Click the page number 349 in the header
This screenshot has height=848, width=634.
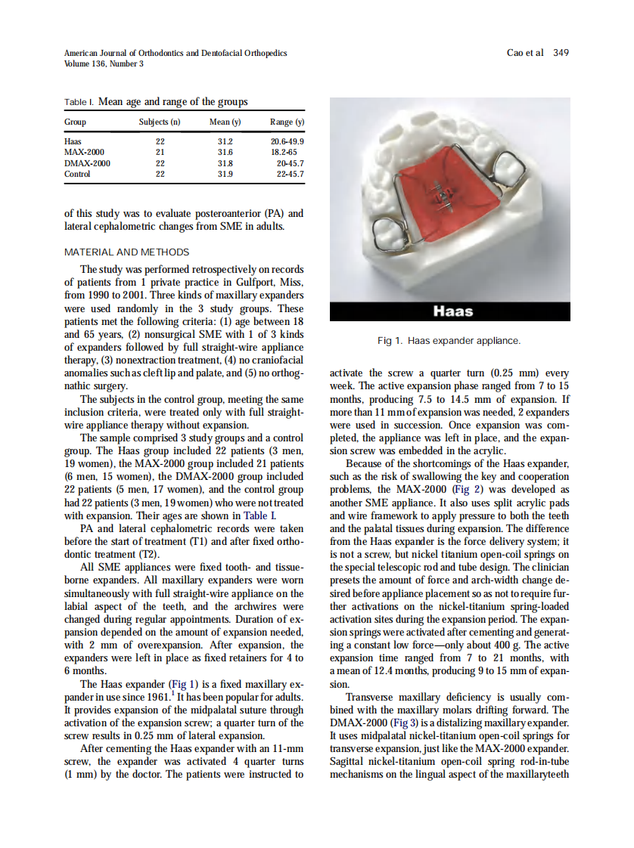tap(561, 53)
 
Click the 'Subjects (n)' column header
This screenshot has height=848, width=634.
tap(160, 122)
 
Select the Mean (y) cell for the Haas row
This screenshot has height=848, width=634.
tap(225, 141)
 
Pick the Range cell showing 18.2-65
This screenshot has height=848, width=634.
tap(288, 152)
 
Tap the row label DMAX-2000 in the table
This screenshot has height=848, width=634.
tap(88, 163)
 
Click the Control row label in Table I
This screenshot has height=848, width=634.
tap(78, 174)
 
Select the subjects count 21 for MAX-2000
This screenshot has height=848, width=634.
tap(160, 152)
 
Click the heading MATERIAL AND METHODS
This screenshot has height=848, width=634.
tap(126, 252)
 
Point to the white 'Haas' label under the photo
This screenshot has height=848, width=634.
tap(452, 311)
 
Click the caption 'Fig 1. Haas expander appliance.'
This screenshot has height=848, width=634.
tap(449, 341)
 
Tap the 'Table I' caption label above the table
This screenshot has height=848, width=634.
tap(79, 102)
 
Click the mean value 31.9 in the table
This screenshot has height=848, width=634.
tap(225, 174)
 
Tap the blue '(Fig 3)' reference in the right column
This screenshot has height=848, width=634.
tap(403, 723)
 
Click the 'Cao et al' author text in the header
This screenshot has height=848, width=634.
tap(524, 53)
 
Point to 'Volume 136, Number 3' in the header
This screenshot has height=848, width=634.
tap(104, 63)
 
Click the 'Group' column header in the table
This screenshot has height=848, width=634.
tap(76, 122)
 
